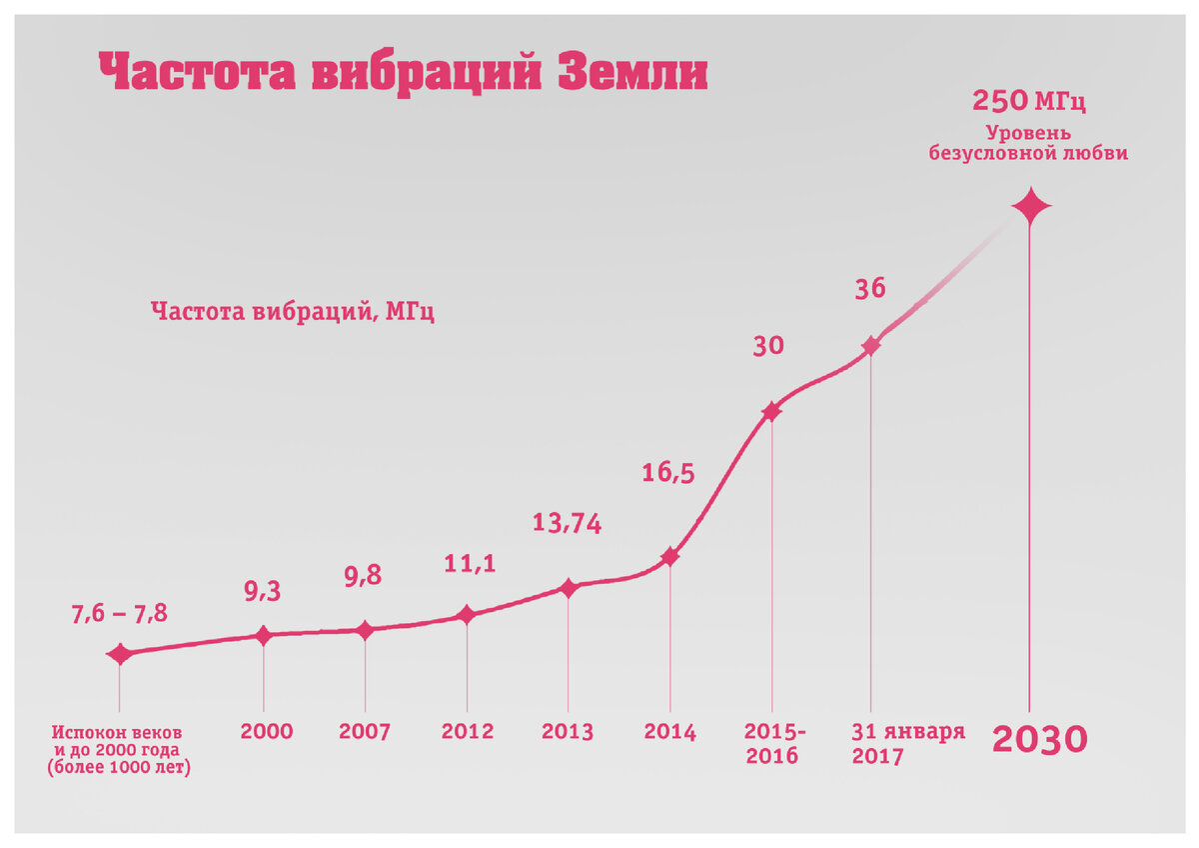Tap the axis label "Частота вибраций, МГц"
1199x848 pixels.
(x=293, y=311)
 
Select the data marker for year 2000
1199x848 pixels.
(x=264, y=635)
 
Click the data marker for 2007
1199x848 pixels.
(x=365, y=630)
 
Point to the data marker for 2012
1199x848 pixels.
(x=466, y=615)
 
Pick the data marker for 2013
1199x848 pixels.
(x=568, y=588)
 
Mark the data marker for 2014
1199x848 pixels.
(x=669, y=556)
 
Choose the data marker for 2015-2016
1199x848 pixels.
(x=771, y=411)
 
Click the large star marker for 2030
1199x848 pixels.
(x=1031, y=208)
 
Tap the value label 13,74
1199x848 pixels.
(x=566, y=522)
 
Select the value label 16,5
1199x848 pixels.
(x=667, y=472)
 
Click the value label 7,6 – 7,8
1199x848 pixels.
(x=118, y=615)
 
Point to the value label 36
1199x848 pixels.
(x=869, y=289)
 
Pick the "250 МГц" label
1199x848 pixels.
(x=1028, y=102)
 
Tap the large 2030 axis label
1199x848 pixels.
(x=1039, y=740)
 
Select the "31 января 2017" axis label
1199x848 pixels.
(x=907, y=743)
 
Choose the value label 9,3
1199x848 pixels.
(x=263, y=592)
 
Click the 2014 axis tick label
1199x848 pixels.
(x=669, y=731)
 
